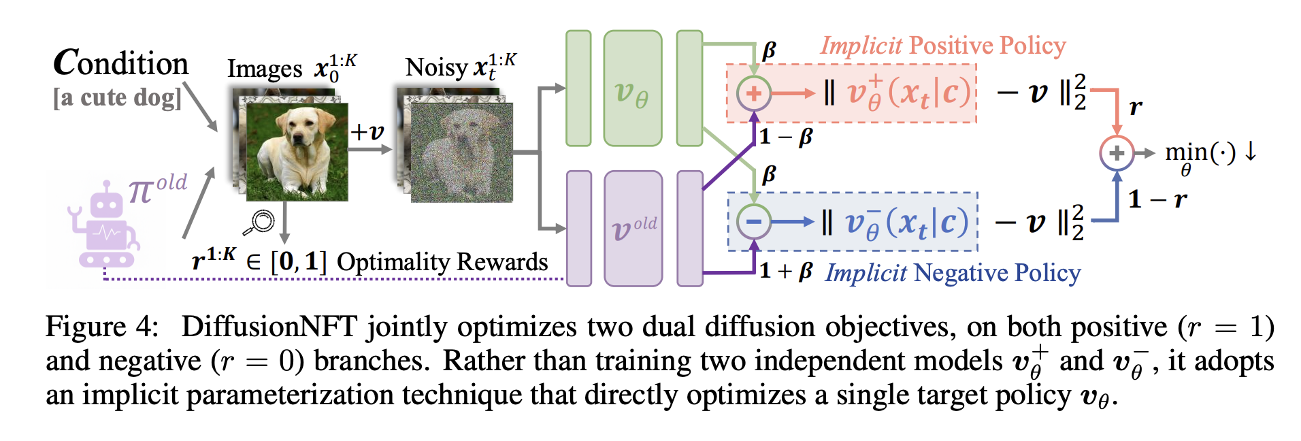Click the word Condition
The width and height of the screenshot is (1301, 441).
121,63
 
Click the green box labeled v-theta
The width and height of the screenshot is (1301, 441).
632,88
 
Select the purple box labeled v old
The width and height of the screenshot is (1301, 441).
633,229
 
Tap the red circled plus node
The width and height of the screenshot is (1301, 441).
754,93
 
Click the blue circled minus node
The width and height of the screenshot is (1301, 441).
754,221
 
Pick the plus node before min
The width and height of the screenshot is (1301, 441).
1116,153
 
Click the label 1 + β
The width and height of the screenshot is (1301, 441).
786,271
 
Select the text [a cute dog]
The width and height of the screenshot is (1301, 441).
118,98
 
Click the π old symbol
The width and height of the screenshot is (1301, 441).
157,188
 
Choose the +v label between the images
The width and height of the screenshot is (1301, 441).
367,131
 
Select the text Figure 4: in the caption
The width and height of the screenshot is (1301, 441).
102,327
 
